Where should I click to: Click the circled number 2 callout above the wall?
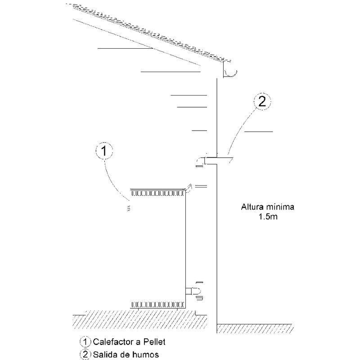[262, 101]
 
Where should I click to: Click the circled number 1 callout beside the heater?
[104, 151]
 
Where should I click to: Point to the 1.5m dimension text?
[268, 217]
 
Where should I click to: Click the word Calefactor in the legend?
[114, 342]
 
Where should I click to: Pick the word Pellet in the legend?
[154, 342]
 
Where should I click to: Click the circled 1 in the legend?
[85, 342]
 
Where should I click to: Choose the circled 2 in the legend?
[85, 355]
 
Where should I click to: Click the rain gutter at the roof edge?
[230, 69]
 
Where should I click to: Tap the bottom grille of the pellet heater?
[158, 305]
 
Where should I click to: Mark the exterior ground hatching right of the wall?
[255, 329]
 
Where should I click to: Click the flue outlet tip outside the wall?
[231, 159]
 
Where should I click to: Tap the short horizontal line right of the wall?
[258, 132]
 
